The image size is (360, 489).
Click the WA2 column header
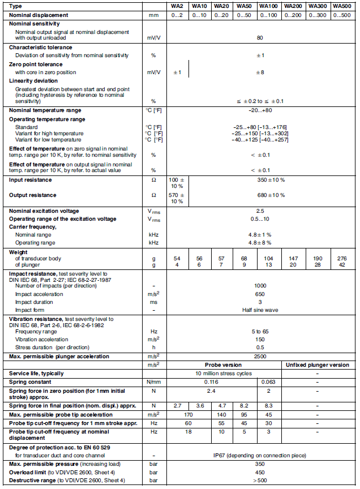click(177, 6)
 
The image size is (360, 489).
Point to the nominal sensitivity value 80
click(260, 38)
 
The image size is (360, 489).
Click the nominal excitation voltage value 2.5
click(260, 211)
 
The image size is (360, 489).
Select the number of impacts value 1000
click(260, 286)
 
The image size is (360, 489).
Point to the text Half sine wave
click(260, 310)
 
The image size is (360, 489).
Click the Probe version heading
click(226, 364)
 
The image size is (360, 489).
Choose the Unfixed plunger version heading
click(316, 364)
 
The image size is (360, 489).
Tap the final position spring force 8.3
click(268, 406)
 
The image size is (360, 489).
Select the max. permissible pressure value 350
click(260, 464)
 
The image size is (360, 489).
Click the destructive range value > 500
click(260, 481)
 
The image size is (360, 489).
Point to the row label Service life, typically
click(36, 374)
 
